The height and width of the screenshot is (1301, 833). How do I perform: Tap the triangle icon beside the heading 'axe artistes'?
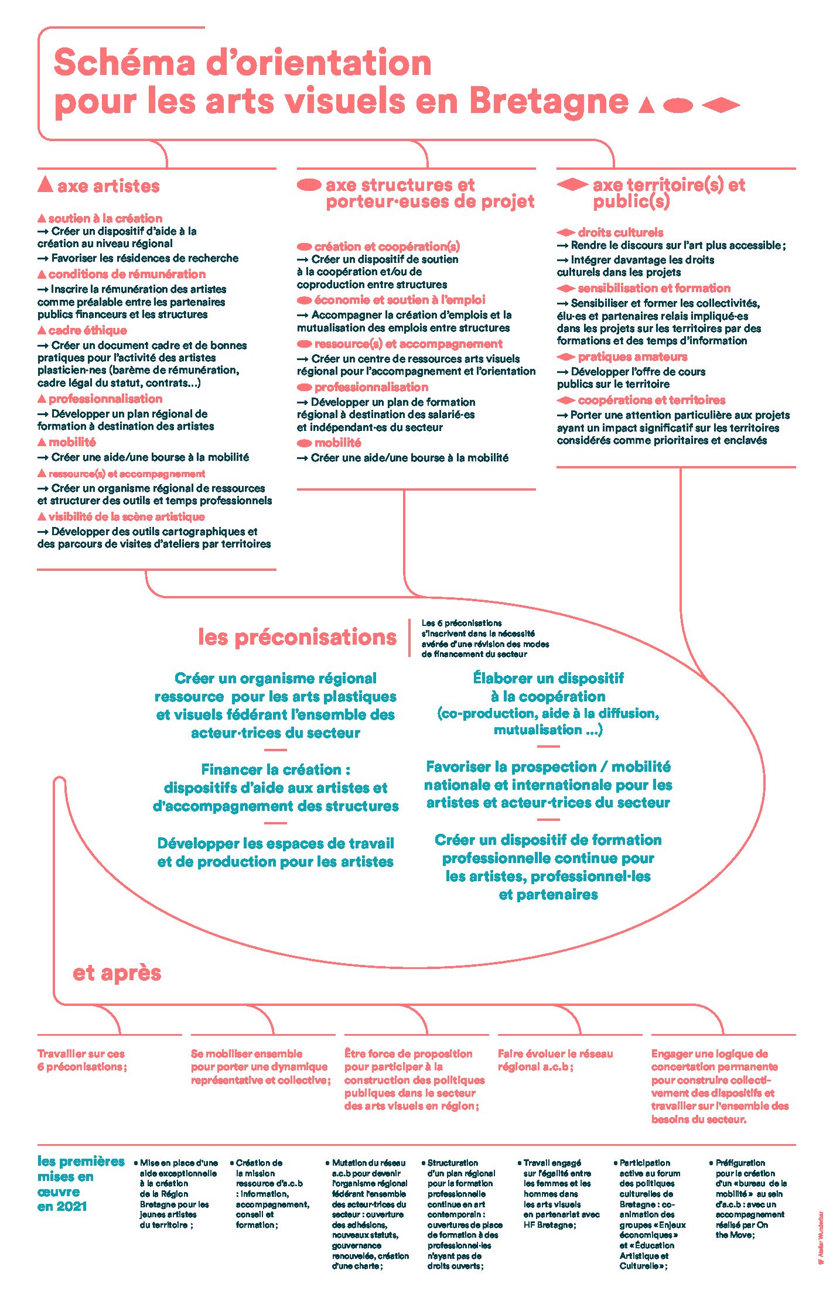click(45, 184)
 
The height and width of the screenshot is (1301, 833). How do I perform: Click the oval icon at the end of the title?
click(678, 105)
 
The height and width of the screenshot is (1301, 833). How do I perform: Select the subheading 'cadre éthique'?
click(87, 330)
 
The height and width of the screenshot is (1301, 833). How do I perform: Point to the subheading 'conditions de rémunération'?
click(127, 274)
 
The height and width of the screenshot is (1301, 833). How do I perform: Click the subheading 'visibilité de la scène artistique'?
click(127, 516)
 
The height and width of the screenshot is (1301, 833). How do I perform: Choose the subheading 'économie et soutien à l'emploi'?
click(400, 300)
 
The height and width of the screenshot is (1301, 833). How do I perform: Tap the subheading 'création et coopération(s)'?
click(387, 246)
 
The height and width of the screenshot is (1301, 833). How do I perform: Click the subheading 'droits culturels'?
click(620, 232)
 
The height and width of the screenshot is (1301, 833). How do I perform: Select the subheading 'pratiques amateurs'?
click(632, 357)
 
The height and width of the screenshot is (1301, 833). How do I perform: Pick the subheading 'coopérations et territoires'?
click(651, 400)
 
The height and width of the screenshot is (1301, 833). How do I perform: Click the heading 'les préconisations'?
click(297, 637)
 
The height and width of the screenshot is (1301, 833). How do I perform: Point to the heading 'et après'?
click(117, 973)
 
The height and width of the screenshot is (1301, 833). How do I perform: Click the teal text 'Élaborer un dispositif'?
click(548, 678)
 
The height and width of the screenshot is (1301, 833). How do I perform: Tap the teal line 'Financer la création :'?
click(275, 769)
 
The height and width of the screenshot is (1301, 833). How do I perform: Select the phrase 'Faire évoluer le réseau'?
click(555, 1054)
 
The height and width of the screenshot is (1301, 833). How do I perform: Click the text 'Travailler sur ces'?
click(81, 1054)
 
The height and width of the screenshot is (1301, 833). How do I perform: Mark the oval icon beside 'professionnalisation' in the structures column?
click(304, 387)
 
